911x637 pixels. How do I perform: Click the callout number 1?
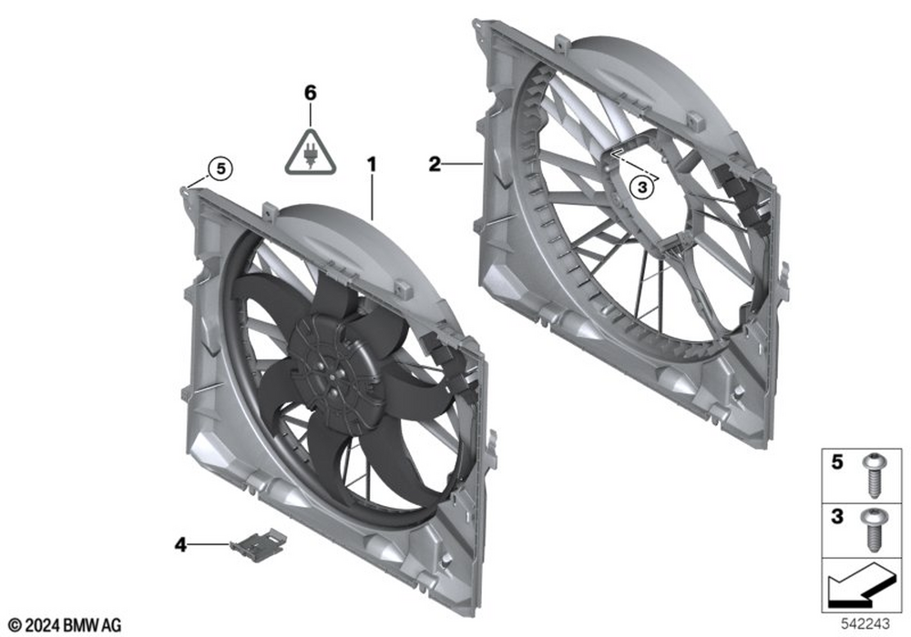[372, 165]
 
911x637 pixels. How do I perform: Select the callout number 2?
[435, 164]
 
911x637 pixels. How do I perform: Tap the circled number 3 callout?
[642, 187]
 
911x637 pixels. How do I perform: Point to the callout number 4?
[180, 545]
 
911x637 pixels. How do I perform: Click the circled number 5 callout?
[220, 169]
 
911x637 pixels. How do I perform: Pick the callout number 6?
[311, 92]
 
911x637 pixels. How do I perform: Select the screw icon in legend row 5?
[874, 476]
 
